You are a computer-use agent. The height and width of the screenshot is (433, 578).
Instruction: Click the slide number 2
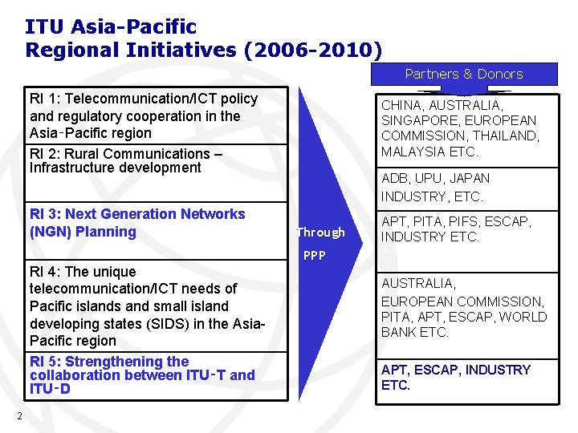pyautogui.click(x=18, y=415)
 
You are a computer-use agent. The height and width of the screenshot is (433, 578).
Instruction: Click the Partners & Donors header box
pyautogui.click(x=463, y=74)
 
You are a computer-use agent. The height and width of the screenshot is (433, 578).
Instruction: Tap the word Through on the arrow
pyautogui.click(x=320, y=233)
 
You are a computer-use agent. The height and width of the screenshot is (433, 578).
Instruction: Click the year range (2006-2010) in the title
pyautogui.click(x=313, y=50)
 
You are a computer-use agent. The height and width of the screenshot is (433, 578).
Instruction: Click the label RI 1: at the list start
pyautogui.click(x=45, y=99)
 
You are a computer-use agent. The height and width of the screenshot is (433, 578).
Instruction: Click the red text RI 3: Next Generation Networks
pyautogui.click(x=136, y=214)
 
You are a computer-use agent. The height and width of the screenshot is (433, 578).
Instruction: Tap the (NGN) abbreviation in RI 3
pyautogui.click(x=51, y=232)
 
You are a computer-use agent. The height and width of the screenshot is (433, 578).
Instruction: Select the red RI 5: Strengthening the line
pyautogui.click(x=108, y=362)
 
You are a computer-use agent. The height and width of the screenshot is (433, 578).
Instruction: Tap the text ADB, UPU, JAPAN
pyautogui.click(x=435, y=178)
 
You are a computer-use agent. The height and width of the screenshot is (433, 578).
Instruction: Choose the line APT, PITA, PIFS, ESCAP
pyautogui.click(x=456, y=221)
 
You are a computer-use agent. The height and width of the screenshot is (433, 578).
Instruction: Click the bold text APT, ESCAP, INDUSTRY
pyautogui.click(x=455, y=370)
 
